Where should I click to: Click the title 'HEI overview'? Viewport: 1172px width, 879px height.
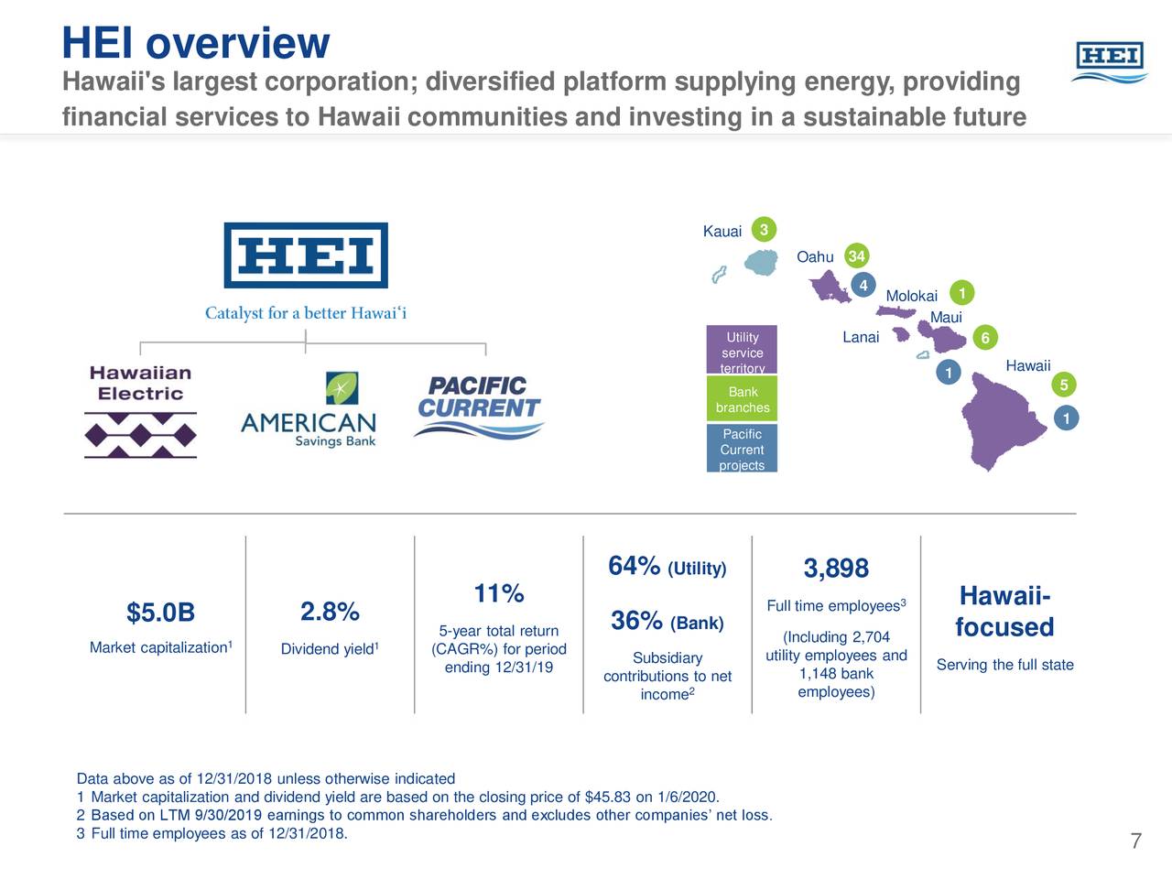[195, 43]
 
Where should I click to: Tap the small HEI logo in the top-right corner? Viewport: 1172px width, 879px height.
[1110, 62]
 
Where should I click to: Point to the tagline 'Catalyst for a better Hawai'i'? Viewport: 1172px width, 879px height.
[305, 313]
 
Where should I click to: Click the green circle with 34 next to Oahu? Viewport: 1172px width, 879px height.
[856, 256]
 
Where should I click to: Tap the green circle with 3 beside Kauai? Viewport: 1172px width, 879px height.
[764, 230]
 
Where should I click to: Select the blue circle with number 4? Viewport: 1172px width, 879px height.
[863, 285]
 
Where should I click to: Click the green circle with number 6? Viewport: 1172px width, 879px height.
[985, 338]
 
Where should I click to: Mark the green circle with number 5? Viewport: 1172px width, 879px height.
[1064, 385]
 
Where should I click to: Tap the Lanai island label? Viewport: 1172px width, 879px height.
[860, 338]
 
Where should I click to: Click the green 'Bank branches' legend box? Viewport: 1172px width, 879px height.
[742, 399]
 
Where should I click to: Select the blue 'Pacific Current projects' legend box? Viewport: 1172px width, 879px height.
[742, 449]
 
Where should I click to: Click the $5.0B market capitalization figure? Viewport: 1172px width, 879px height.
[160, 613]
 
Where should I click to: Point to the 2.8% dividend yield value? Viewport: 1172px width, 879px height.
[330, 612]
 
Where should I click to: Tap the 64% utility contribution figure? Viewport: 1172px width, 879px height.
[634, 566]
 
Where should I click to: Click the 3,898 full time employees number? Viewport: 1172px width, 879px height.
[836, 569]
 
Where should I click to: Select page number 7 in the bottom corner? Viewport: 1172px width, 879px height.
[1135, 841]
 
